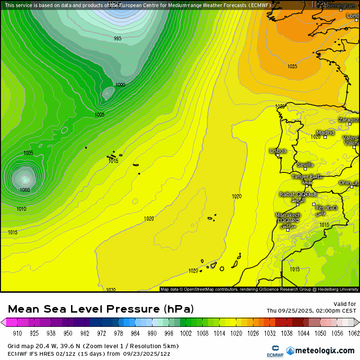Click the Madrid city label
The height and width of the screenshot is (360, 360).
coord(325,133)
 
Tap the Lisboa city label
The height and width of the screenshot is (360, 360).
coord(278,151)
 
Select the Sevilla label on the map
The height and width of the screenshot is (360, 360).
coord(305,165)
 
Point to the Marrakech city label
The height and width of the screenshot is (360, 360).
coord(288,216)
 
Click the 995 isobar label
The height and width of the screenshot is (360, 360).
coord(117,38)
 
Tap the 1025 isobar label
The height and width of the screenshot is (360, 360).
coord(292,66)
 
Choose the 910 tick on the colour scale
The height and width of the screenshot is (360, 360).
coord(18,333)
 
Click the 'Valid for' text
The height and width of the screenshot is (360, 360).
coord(345,304)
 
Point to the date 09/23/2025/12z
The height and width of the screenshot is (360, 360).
coord(147,353)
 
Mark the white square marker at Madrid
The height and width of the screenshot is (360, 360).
coord(325,137)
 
